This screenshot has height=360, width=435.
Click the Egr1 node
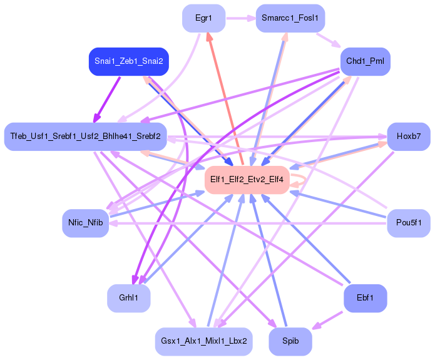203,18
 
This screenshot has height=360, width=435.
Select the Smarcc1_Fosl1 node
290,18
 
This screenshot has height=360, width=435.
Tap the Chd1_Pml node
366,61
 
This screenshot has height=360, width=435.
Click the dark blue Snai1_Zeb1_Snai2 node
129,61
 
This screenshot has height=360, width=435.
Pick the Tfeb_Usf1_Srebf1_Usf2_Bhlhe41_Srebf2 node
85,136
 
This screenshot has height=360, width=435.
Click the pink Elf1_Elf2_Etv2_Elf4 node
247,180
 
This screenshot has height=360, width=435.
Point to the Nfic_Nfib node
85,222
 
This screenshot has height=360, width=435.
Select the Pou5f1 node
409,222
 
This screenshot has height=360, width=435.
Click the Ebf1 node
366,298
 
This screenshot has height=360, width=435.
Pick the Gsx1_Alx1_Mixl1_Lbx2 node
203,341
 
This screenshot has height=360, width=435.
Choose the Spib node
290,341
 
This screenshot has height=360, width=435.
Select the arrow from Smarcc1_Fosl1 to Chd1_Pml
329,39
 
